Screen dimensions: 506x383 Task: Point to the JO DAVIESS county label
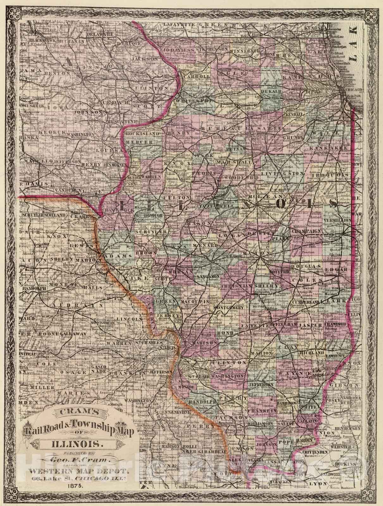pos(178,50)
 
